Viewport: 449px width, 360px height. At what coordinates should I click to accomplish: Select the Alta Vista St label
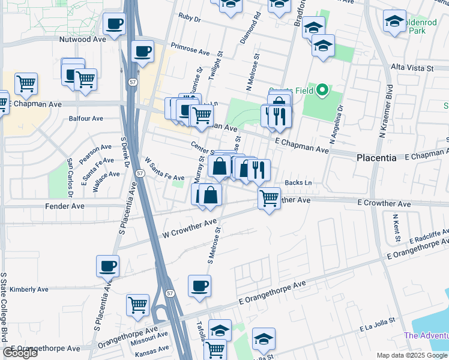pos(412,68)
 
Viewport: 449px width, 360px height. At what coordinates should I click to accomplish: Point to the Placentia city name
pos(376,158)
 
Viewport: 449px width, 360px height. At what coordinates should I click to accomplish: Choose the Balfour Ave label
pos(86,118)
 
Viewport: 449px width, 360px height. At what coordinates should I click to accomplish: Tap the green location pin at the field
pos(322,91)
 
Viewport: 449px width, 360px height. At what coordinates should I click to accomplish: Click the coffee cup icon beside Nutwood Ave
pos(114,25)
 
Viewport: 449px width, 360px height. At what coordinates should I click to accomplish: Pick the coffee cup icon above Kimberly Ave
pos(108,266)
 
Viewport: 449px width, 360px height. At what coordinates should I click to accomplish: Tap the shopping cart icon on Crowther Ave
pos(269,197)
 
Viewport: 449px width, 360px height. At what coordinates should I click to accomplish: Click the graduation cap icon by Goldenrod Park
pos(394,22)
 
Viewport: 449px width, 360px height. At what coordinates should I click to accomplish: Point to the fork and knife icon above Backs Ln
pos(259,170)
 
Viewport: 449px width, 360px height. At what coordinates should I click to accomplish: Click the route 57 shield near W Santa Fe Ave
pos(139,173)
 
